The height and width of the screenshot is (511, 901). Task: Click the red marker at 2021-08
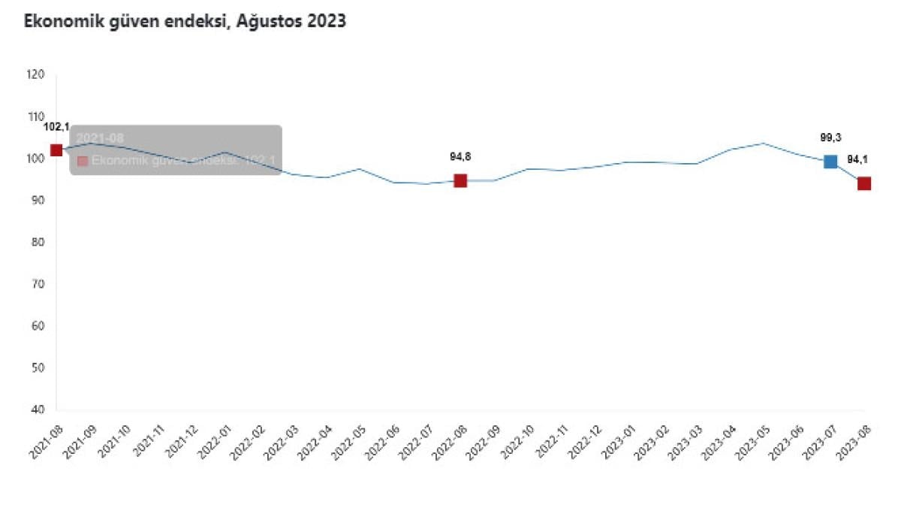point(56,150)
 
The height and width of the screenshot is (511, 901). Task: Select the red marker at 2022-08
point(460,180)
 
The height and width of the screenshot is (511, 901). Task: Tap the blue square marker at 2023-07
point(830,162)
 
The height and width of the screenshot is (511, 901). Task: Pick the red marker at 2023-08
point(864,183)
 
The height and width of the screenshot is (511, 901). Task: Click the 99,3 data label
point(830,138)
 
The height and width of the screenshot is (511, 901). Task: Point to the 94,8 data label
point(460,156)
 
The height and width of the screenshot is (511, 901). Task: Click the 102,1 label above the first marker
point(56,126)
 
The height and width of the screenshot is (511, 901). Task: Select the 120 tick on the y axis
point(35,74)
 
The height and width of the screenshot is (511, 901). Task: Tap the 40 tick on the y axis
point(37,410)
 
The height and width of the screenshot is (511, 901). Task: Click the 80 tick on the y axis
point(37,242)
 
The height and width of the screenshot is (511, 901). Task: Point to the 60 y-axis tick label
point(37,326)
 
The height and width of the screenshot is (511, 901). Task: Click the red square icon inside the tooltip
point(83,161)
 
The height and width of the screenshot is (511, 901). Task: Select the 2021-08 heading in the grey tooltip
point(100,139)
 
